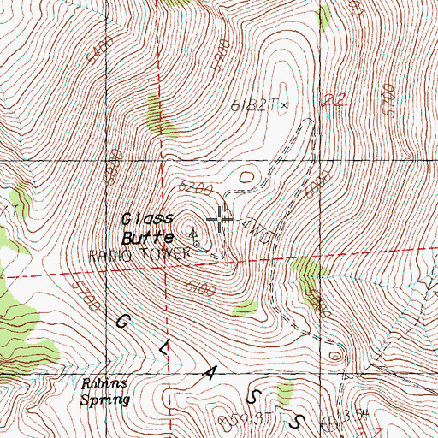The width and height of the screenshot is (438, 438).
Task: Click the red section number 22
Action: click(x=334, y=101)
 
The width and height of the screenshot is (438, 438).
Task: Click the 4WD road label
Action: click(x=257, y=232)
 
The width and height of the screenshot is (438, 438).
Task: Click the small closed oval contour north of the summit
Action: click(x=247, y=175)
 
